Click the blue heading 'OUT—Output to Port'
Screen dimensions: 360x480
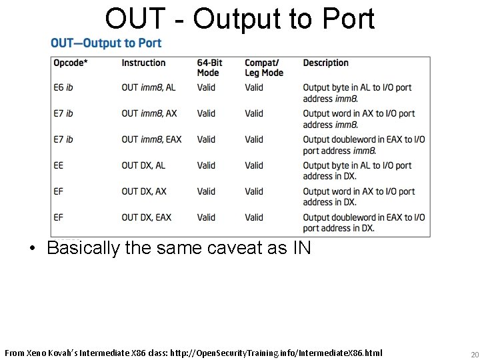(x=106, y=43)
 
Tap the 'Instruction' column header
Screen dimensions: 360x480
(x=143, y=63)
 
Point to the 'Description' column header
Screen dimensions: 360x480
(x=325, y=63)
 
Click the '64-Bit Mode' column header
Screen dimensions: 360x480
(x=209, y=68)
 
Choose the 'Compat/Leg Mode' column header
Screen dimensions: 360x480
(x=264, y=68)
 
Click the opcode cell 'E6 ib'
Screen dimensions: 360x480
(x=63, y=87)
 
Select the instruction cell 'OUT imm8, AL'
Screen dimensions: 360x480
(x=149, y=87)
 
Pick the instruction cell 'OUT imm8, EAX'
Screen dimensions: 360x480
(x=151, y=139)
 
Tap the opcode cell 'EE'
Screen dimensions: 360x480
(x=59, y=165)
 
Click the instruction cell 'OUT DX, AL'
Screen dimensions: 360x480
(x=143, y=165)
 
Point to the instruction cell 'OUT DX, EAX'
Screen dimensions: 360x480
(x=146, y=217)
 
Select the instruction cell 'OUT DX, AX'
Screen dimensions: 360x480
(x=144, y=191)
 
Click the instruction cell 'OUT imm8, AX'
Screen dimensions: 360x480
(x=149, y=113)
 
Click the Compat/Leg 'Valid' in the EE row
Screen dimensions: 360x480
(x=254, y=165)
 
